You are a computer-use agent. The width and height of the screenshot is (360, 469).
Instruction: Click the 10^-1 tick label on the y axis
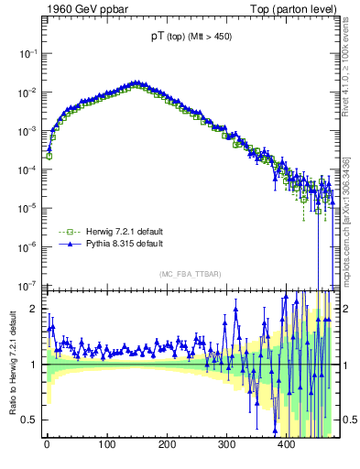pos(27,54)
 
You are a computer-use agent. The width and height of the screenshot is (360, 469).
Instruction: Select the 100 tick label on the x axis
pos(106,444)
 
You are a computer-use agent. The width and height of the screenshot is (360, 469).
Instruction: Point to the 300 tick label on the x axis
pos(226,444)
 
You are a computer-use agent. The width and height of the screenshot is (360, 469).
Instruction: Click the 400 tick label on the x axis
pos(286,444)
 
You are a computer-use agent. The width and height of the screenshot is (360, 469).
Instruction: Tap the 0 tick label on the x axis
pos(47,444)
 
